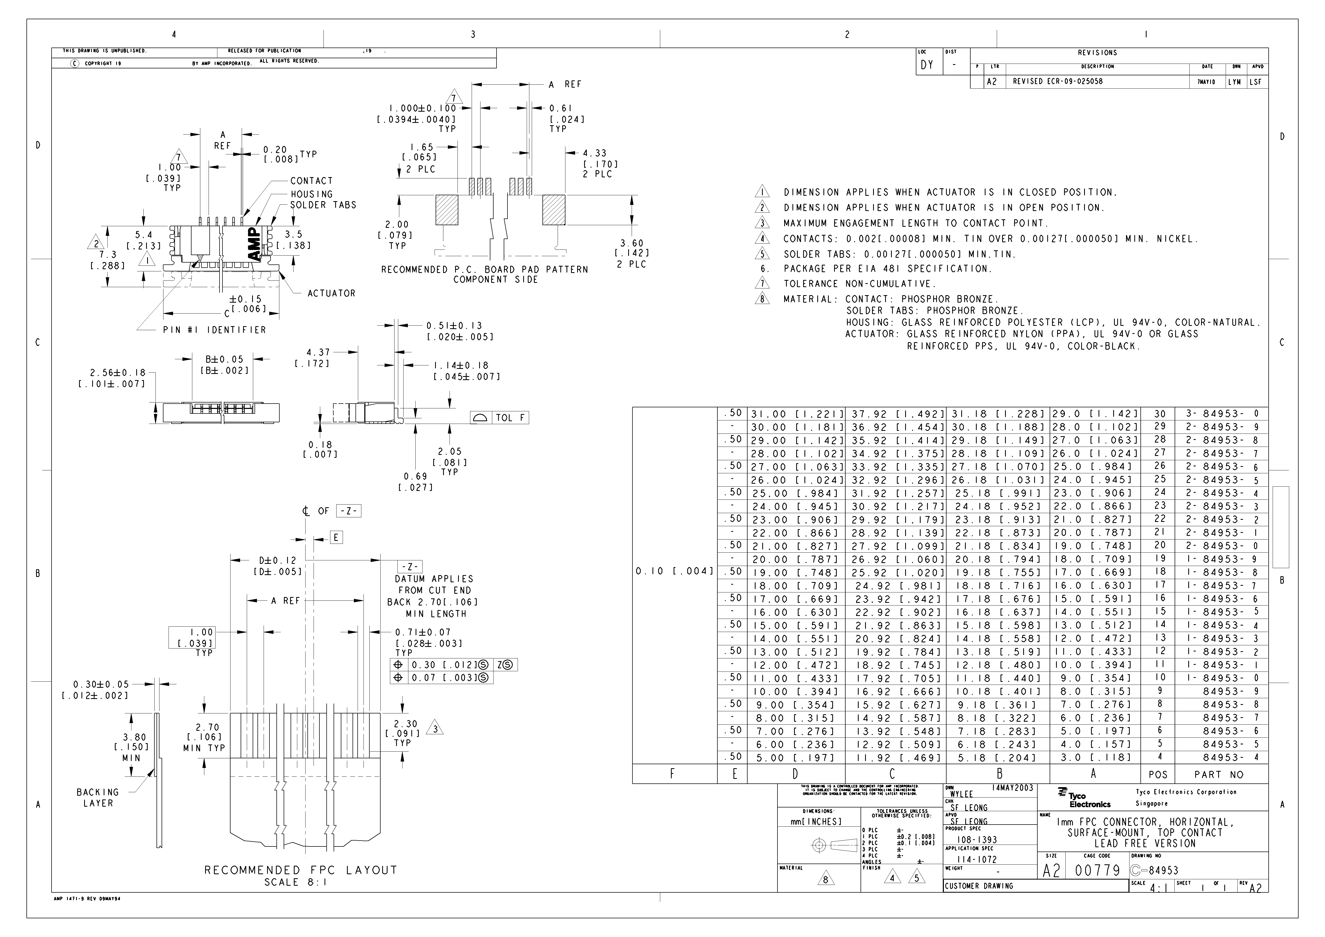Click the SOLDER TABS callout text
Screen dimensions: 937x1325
pos(323,205)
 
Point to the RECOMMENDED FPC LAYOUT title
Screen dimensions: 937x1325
pos(301,870)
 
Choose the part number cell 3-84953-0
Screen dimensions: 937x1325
pos(1222,414)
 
